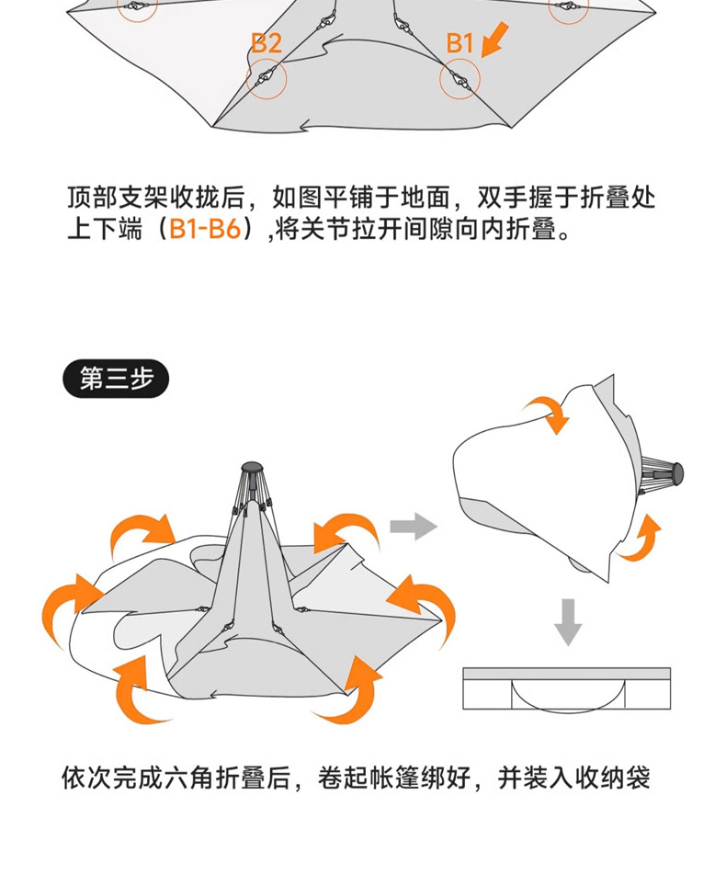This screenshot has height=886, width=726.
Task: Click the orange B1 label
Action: tap(459, 43)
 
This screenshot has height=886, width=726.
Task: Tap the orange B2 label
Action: tap(267, 43)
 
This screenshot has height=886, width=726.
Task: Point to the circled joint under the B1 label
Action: tap(459, 80)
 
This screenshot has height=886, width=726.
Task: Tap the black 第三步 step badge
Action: tap(116, 380)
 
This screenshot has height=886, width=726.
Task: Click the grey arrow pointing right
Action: tap(413, 527)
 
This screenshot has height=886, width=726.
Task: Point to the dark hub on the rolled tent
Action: tap(678, 474)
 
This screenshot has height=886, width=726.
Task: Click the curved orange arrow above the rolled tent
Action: tap(548, 412)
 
